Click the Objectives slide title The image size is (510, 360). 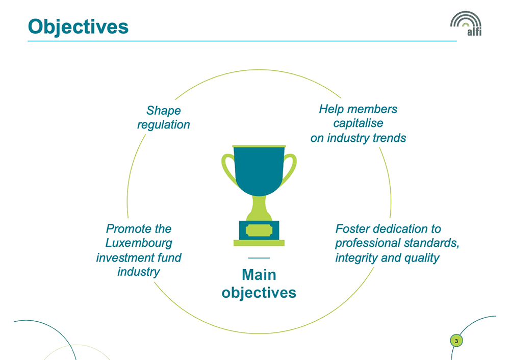(x=79, y=27)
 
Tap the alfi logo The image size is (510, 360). (x=466, y=23)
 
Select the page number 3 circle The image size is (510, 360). (x=456, y=341)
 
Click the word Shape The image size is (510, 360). (x=163, y=111)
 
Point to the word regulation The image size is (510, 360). (x=163, y=125)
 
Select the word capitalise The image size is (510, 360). (x=358, y=123)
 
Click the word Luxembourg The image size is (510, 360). (x=139, y=243)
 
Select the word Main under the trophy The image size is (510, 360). (x=259, y=275)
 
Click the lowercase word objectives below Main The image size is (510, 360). (x=259, y=293)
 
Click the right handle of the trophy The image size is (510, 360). (x=290, y=168)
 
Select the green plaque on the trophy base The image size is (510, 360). (x=259, y=230)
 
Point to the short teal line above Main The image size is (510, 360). (x=259, y=258)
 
